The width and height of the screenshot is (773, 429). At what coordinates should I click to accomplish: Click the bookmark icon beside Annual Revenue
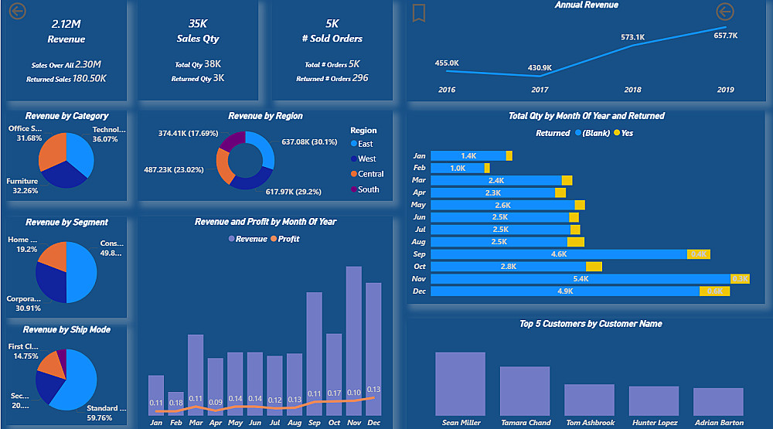coord(418,12)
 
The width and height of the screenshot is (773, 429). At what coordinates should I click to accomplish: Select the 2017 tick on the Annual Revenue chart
coord(540,90)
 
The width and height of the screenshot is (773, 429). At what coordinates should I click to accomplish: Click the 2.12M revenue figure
coord(66,24)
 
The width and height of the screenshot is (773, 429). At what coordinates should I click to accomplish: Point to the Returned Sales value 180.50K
coord(90,78)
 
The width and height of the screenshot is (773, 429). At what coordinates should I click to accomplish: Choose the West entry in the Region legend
coord(366,158)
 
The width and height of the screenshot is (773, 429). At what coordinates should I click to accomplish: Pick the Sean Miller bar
coord(461,384)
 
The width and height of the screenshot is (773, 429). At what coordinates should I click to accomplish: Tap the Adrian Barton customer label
coord(719,423)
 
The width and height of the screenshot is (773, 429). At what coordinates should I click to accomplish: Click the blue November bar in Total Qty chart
coord(580,279)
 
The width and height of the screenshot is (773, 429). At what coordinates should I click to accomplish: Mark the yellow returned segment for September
coord(699,254)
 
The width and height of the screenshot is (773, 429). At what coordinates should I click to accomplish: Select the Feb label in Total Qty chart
coord(419,168)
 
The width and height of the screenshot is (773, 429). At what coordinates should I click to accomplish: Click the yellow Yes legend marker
coord(617,133)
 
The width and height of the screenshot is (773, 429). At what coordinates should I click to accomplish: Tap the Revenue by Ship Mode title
coord(66,329)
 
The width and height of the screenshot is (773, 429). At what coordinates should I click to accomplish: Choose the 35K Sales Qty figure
coord(199,24)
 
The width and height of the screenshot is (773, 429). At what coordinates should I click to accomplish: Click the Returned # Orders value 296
coord(359,78)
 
